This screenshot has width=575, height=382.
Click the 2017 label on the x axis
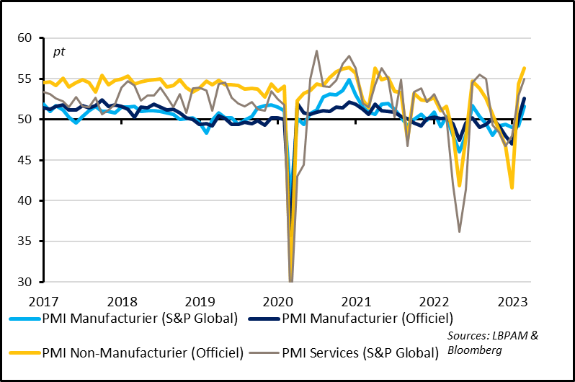tap(43, 300)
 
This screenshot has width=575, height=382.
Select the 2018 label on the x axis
tap(122, 300)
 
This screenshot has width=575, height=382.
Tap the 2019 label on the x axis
tap(200, 300)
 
